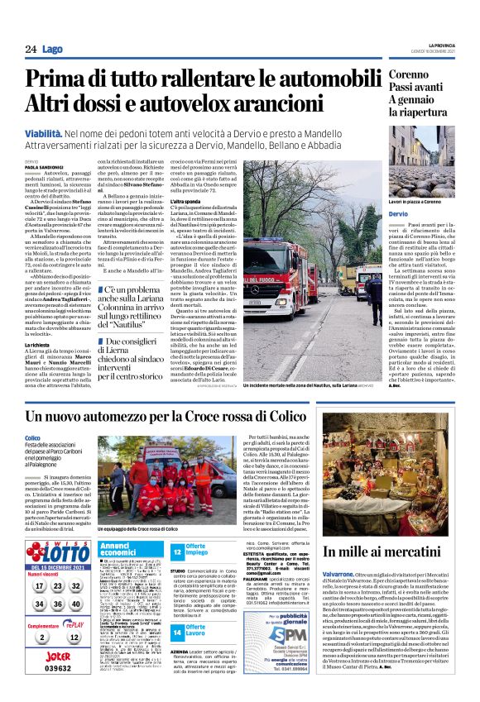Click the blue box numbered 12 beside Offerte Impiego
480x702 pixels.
pos(176,550)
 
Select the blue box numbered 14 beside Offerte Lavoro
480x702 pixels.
pos(176,632)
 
